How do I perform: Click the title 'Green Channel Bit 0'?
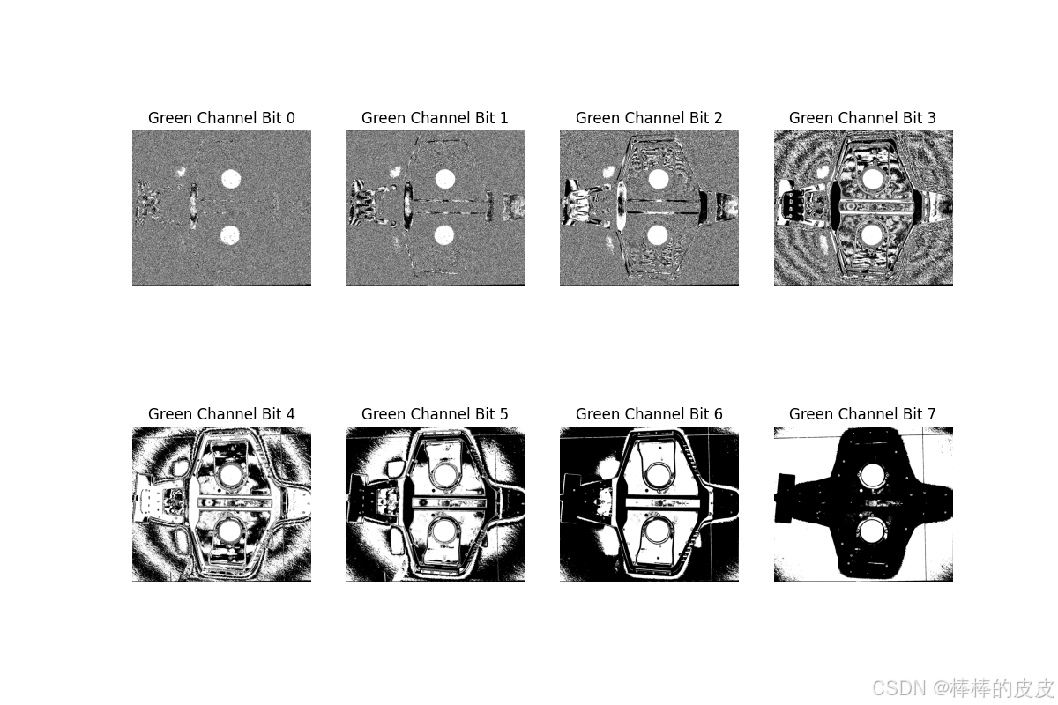click(221, 117)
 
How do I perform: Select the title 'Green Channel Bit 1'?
click(435, 117)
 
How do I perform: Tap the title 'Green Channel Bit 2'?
click(649, 117)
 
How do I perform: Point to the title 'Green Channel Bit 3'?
click(862, 117)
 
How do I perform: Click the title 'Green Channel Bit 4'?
click(221, 413)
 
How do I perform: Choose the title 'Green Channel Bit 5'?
click(435, 413)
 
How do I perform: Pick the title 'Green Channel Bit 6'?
click(649, 413)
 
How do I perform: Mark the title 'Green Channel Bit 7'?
click(862, 413)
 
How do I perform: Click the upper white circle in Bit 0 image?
click(231, 179)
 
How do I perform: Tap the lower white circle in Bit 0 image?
click(230, 235)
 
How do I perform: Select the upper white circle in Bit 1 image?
click(445, 179)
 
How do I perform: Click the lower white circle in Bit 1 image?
click(444, 235)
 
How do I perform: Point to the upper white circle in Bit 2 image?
click(659, 179)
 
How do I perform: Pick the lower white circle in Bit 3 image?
click(872, 235)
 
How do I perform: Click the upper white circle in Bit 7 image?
click(872, 475)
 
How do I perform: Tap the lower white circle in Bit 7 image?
click(872, 531)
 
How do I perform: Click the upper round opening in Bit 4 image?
click(230, 475)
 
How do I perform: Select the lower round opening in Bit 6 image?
click(658, 531)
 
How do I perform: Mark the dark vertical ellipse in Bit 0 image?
click(193, 206)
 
